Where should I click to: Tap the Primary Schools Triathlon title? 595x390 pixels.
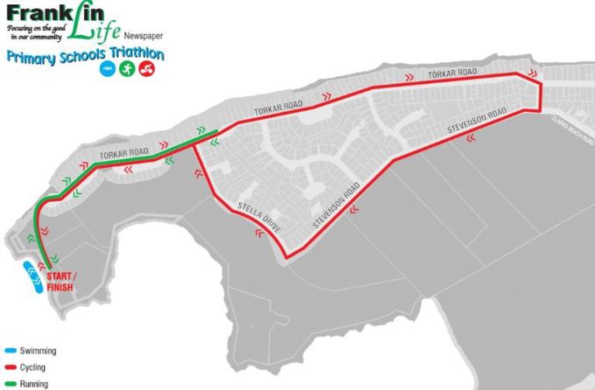[x=84, y=55]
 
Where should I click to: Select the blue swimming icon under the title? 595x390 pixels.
[x=107, y=69]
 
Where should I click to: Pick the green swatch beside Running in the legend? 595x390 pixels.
[x=8, y=383]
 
